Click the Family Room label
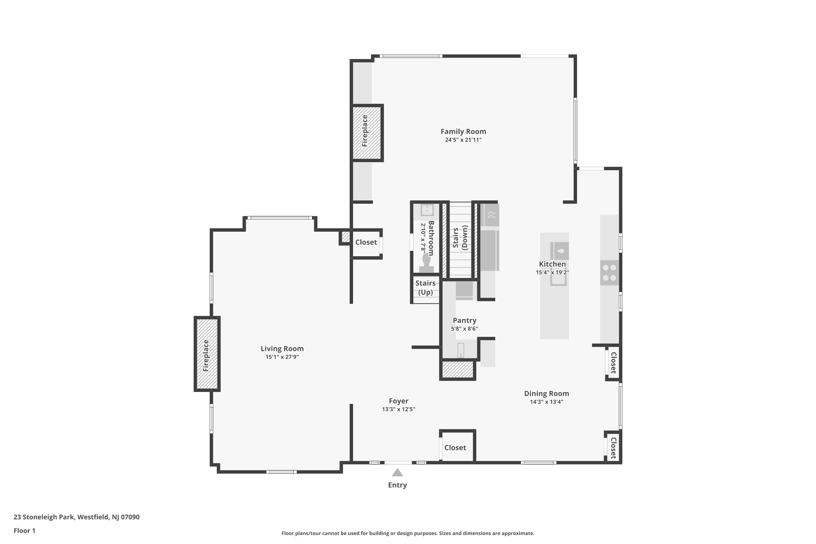coord(463,131)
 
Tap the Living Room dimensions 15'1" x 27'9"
coord(282,357)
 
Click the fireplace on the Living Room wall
coord(207,354)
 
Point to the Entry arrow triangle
coord(397,473)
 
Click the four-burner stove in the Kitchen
coord(609,273)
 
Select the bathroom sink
coord(427,210)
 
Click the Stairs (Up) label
coord(425,288)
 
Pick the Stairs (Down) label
coord(460,238)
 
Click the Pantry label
coord(465,321)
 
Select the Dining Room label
coord(546,393)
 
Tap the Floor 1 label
coord(24,530)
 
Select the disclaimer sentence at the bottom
coord(408,533)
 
